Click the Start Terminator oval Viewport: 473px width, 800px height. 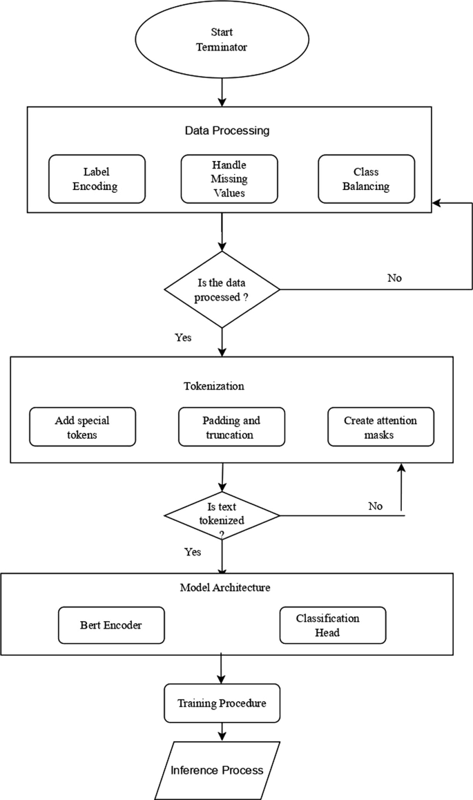(222, 40)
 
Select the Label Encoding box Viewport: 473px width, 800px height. (97, 178)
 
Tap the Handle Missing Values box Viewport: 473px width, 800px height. (229, 178)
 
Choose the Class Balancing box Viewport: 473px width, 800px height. (366, 178)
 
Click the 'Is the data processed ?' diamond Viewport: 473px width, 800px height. (222, 289)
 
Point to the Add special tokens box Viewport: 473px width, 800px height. (82, 427)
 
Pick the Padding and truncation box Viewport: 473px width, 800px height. (232, 427)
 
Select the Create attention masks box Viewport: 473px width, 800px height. (380, 427)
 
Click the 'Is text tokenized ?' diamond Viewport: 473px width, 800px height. (222, 515)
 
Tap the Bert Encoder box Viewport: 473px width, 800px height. (111, 625)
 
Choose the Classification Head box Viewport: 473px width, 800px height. (332, 625)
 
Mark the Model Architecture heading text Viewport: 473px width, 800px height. (224, 587)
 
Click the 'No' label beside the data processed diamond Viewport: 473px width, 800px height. (394, 278)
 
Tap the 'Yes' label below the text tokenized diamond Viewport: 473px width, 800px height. (193, 552)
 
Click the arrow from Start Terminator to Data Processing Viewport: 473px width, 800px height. (222, 93)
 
